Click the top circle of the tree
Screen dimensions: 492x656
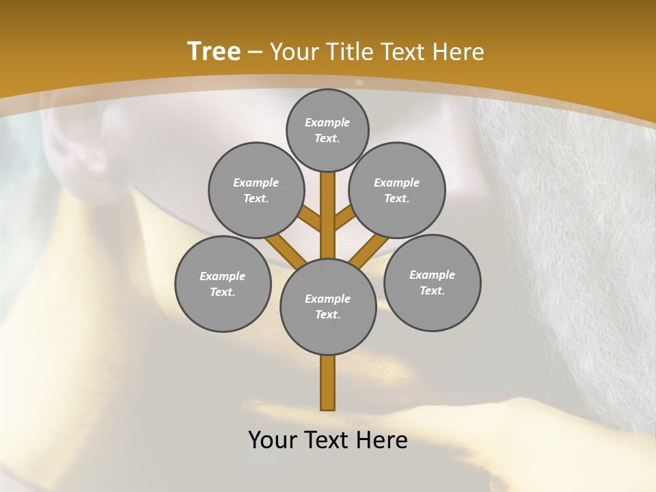[x=327, y=130]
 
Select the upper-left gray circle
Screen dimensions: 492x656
[x=256, y=190]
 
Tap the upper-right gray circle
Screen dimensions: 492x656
[x=397, y=190]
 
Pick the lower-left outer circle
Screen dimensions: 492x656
[x=223, y=284]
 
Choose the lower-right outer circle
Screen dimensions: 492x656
[x=432, y=282]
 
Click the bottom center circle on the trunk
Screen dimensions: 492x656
[x=328, y=306]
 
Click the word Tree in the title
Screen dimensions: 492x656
[x=214, y=51]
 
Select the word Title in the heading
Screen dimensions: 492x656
[x=350, y=51]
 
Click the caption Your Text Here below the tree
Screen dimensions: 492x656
[x=328, y=440]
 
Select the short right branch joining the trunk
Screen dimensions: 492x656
[x=344, y=219]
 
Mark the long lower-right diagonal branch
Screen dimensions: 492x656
[x=369, y=251]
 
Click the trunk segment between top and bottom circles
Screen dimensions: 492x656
[x=328, y=212]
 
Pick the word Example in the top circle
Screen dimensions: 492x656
[x=327, y=122]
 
